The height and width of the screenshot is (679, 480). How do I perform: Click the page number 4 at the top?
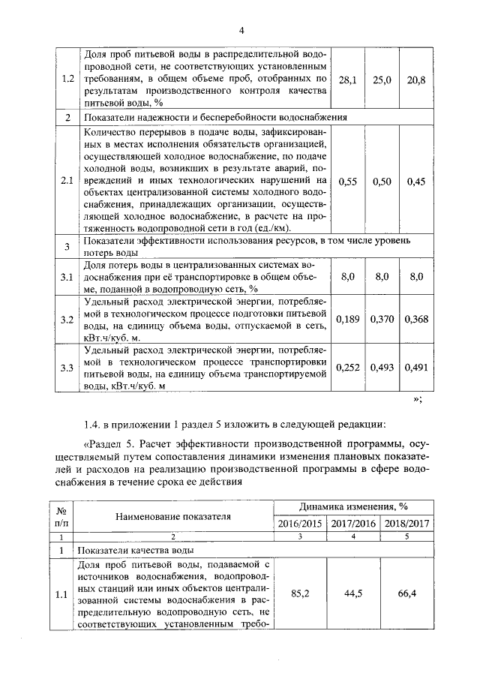click(242, 30)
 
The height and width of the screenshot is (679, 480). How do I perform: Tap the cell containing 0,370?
click(382, 320)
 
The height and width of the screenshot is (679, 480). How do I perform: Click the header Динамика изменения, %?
click(353, 507)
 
